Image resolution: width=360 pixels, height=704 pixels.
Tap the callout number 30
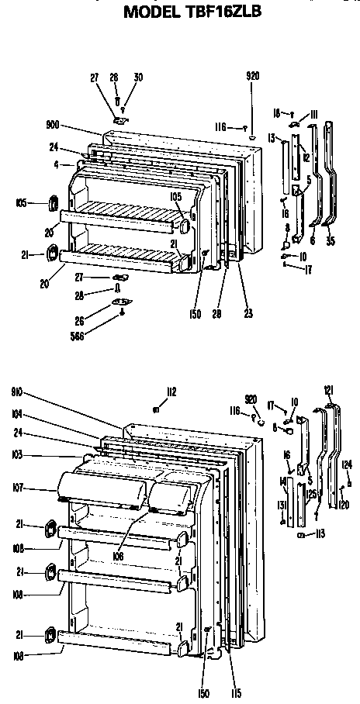pos(138,77)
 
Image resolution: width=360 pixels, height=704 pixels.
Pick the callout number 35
pos(332,240)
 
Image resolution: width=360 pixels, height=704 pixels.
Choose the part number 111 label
pos(316,113)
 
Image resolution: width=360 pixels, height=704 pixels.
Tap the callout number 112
pos(171,391)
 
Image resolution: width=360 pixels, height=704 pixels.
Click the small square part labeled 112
pos(157,408)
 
